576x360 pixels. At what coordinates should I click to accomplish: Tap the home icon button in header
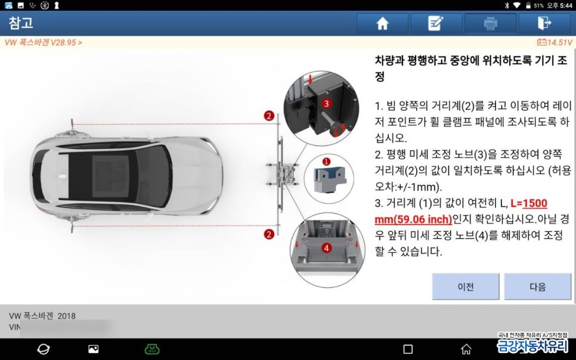[x=382, y=23]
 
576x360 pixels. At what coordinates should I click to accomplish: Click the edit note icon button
[x=436, y=23]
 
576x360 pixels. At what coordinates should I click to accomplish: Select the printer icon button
[x=490, y=23]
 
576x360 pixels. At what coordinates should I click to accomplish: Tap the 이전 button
[x=466, y=287]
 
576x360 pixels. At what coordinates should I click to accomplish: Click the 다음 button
[x=537, y=287]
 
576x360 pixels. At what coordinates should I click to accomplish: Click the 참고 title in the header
[x=21, y=23]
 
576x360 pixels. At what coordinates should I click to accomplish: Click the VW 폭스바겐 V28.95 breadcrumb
[x=43, y=42]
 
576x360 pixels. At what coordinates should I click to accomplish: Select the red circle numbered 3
[x=326, y=103]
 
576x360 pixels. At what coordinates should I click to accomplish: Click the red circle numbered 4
[x=326, y=247]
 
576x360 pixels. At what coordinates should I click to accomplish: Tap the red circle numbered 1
[x=326, y=161]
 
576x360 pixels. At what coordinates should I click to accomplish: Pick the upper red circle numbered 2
[x=270, y=116]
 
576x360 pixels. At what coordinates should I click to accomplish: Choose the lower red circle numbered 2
[x=270, y=235]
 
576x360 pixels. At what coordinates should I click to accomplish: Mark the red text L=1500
[x=529, y=203]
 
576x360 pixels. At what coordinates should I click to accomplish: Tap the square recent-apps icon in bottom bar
[x=408, y=349]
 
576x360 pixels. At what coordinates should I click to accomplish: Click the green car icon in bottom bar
[x=152, y=349]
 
